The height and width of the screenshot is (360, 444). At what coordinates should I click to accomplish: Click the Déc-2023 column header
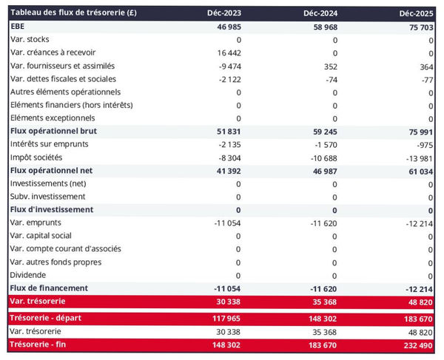(226, 13)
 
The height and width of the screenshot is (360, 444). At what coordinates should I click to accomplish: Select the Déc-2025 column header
(416, 13)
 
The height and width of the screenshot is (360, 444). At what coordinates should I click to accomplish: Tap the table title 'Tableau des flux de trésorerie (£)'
(73, 13)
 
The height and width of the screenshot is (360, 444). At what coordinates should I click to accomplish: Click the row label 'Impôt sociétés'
(36, 157)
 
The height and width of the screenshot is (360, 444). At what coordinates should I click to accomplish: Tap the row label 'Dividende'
(29, 275)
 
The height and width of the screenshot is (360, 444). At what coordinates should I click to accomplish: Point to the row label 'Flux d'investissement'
(51, 209)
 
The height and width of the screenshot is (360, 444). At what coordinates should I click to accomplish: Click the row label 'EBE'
(18, 27)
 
